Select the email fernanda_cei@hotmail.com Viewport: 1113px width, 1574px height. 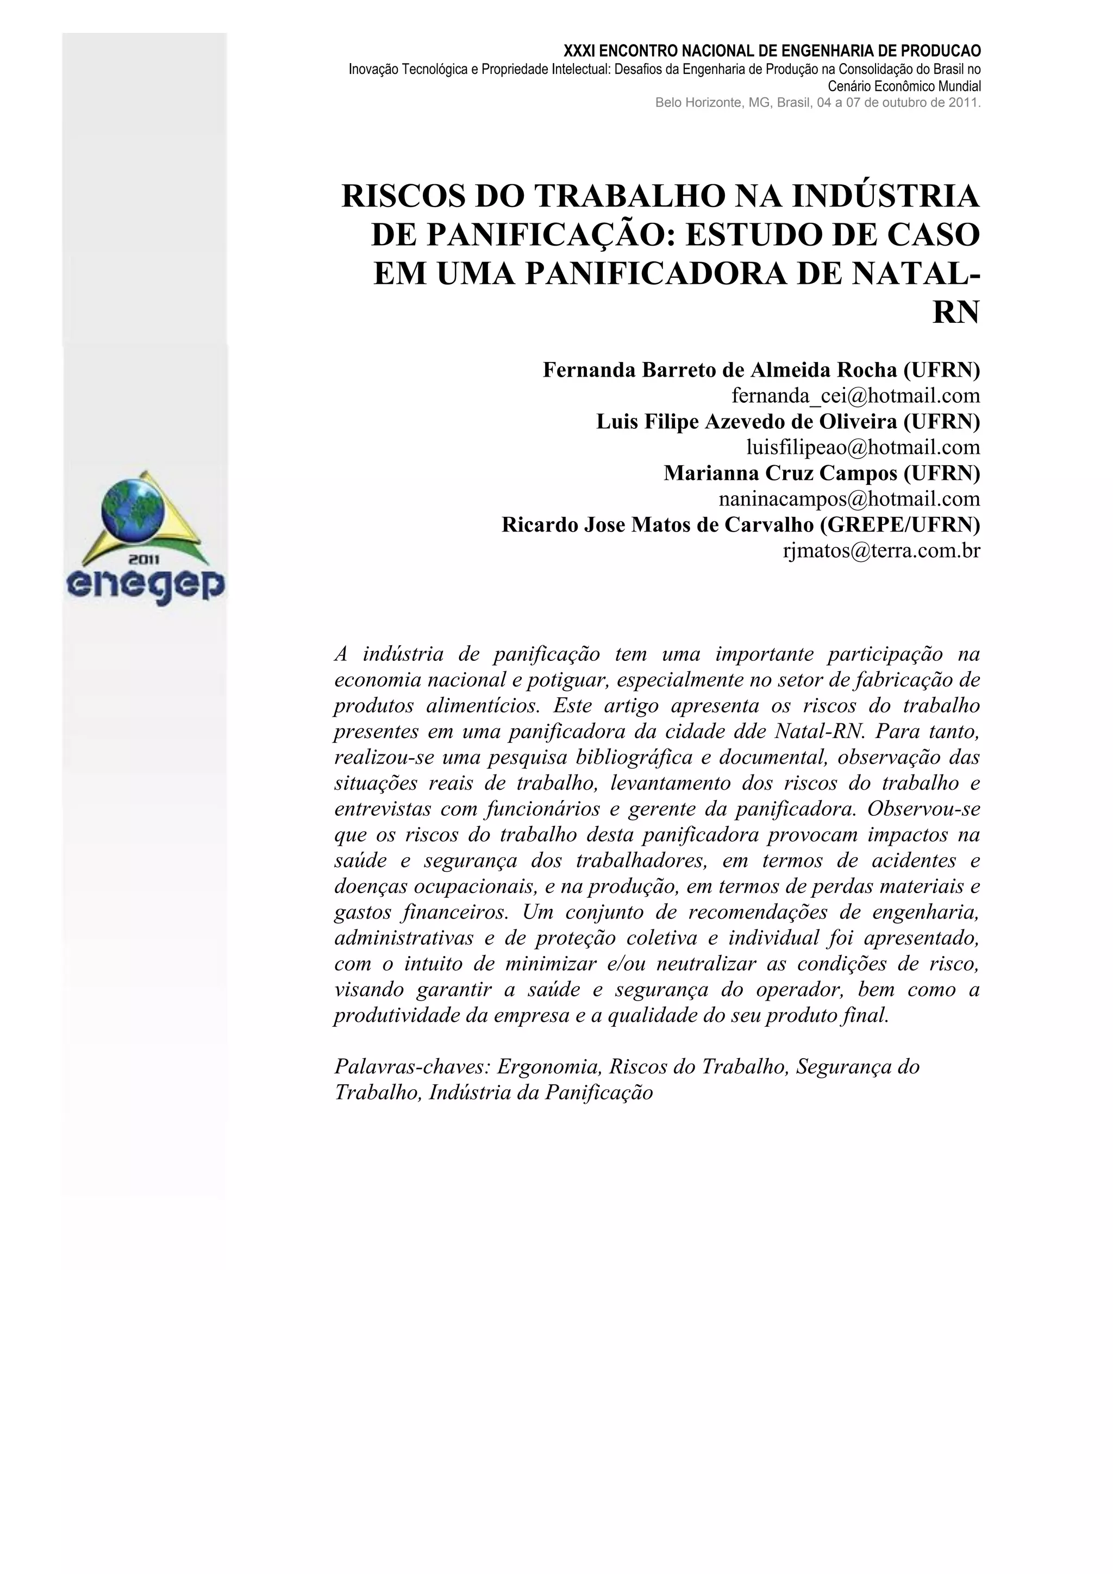pos(855,396)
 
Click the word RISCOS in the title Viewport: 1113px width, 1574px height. pos(404,197)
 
